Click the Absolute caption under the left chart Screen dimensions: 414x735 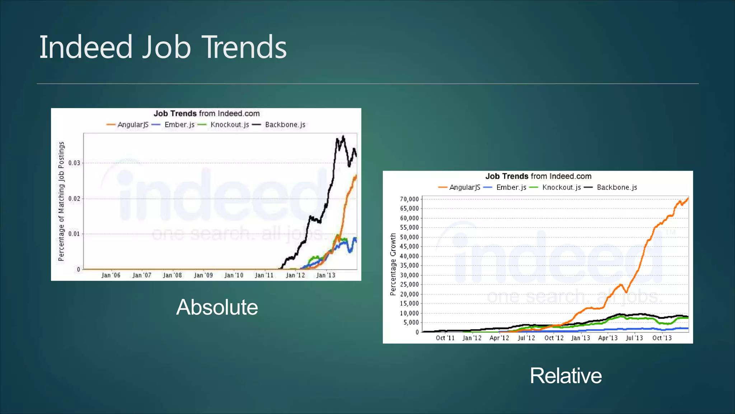point(217,307)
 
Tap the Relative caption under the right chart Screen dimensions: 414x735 point(566,376)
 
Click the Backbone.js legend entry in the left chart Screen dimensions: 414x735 point(285,125)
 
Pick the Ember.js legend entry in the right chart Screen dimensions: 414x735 point(511,187)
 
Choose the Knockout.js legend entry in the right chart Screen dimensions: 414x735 point(561,187)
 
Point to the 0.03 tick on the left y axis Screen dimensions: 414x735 point(74,163)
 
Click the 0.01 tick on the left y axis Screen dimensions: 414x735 point(74,234)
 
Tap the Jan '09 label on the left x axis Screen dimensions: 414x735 point(203,275)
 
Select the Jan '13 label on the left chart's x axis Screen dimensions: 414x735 point(326,275)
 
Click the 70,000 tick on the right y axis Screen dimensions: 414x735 point(409,199)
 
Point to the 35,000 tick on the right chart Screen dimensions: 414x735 point(409,266)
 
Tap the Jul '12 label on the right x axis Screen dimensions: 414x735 point(526,338)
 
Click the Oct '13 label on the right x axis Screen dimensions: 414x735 point(662,338)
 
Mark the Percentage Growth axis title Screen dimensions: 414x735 point(393,264)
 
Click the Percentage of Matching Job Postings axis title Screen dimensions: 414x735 point(61,201)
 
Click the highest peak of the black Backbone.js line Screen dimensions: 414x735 point(343,136)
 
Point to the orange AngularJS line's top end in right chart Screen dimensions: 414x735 point(688,198)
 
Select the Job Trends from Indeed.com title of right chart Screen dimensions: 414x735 point(538,176)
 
